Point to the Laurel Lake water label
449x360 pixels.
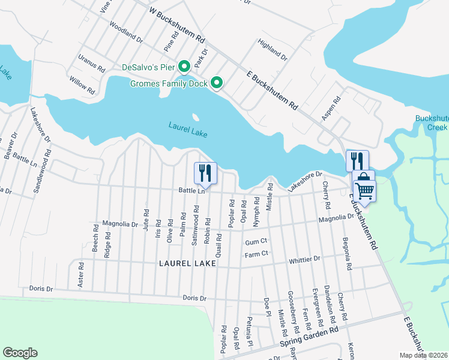[x=188, y=130]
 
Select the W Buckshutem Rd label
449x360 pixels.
[x=177, y=25]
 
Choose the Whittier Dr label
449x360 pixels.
[x=304, y=259]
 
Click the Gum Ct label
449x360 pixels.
[x=256, y=242]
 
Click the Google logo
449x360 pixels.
[x=20, y=353]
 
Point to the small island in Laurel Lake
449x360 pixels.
[x=194, y=117]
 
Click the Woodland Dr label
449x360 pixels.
[x=125, y=33]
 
